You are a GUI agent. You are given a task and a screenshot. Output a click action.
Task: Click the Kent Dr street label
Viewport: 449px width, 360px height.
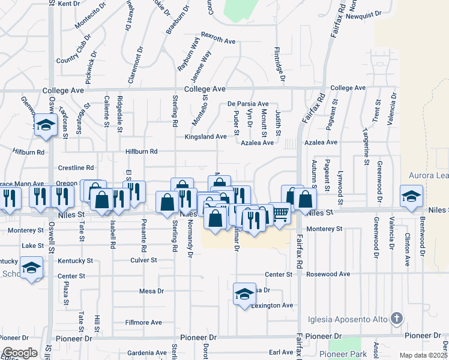point(69,4)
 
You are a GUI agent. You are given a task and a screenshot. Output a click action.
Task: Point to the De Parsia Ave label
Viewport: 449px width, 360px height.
point(248,104)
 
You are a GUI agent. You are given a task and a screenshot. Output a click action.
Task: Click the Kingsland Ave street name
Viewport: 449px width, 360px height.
point(206,137)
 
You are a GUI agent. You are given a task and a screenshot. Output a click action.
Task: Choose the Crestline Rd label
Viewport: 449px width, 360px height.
point(76,168)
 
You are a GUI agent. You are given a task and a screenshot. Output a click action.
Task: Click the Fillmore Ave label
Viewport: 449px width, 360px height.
point(143,322)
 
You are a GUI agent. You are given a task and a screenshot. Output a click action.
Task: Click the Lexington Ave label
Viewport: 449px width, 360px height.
point(273,305)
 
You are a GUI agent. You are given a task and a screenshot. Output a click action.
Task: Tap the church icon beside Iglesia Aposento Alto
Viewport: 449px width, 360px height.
point(396,317)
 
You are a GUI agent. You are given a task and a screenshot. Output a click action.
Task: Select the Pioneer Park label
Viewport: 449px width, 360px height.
point(343,354)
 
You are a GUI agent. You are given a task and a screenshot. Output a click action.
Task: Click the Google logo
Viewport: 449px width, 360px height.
point(19,353)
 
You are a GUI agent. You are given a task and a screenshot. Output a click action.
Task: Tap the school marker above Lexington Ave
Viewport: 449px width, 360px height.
point(244,294)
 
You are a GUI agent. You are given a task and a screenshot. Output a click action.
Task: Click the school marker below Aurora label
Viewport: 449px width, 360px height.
point(412,196)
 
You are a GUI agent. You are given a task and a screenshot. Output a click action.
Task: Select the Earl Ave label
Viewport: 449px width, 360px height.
point(280,352)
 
